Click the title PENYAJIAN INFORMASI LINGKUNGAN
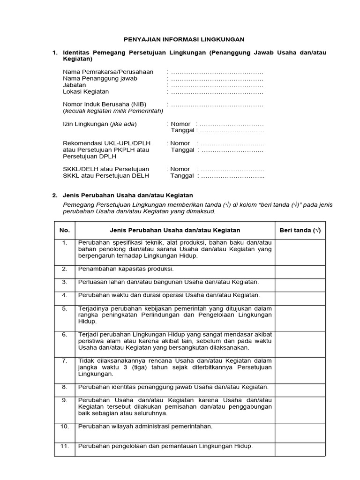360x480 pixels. click(x=180, y=40)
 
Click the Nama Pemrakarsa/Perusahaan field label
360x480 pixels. click(x=108, y=72)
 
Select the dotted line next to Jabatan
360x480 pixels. click(x=217, y=85)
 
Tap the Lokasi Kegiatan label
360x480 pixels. click(x=86, y=92)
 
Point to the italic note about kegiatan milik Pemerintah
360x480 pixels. click(x=113, y=111)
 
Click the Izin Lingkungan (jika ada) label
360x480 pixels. click(x=100, y=124)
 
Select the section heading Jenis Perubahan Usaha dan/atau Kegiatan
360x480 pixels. click(x=128, y=195)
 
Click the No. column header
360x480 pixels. click(x=65, y=230)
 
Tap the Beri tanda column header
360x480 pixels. click(x=300, y=230)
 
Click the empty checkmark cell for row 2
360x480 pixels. click(x=300, y=272)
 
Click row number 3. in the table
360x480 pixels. click(x=65, y=282)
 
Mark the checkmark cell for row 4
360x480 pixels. click(x=300, y=298)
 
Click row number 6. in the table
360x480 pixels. click(x=65, y=335)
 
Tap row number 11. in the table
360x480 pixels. click(x=65, y=446)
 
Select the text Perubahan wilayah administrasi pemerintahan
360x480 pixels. click(x=145, y=427)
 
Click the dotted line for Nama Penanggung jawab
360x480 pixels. click(x=217, y=79)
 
